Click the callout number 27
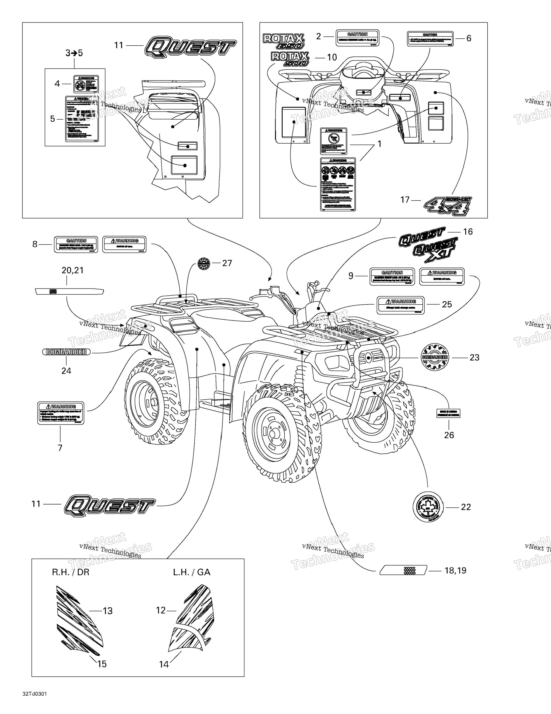(x=227, y=263)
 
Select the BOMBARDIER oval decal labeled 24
(x=66, y=352)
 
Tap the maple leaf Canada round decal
(x=428, y=507)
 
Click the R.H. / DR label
(x=71, y=572)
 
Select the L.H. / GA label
(x=192, y=572)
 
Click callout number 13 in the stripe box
(x=107, y=611)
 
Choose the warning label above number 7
(x=61, y=413)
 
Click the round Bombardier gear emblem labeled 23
(x=434, y=357)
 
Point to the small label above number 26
(x=448, y=413)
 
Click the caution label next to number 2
(x=357, y=38)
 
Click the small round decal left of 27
(x=204, y=263)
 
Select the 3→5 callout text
(x=74, y=53)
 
